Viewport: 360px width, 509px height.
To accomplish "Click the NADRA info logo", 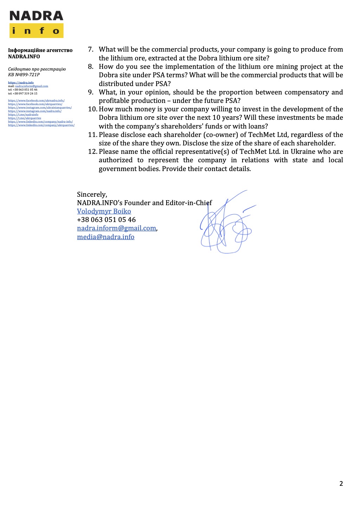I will click(x=36, y=24).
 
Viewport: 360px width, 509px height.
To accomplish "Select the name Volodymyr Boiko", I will click(x=104, y=211).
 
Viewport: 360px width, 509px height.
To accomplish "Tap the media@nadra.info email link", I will click(x=105, y=237).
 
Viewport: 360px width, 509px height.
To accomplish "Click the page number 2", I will click(x=341, y=483).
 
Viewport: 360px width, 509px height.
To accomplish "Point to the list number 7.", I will click(x=91, y=50).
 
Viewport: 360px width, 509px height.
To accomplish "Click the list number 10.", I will click(x=92, y=109).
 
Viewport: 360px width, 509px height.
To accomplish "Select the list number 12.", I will click(x=92, y=152).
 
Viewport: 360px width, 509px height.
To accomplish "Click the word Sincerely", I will click(x=92, y=194).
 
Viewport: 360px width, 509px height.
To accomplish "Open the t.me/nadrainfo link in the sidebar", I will click(x=23, y=115).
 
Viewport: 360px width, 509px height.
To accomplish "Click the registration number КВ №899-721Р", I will click(x=24, y=74).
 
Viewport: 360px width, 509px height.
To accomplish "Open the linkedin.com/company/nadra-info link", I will click(x=40, y=122).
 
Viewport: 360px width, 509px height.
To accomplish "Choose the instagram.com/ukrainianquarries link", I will click(x=40, y=107).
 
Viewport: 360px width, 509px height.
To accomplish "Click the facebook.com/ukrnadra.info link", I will click(x=36, y=100).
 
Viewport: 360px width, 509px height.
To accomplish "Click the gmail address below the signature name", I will click(x=116, y=228).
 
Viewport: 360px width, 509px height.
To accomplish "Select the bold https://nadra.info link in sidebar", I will click(x=21, y=83).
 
